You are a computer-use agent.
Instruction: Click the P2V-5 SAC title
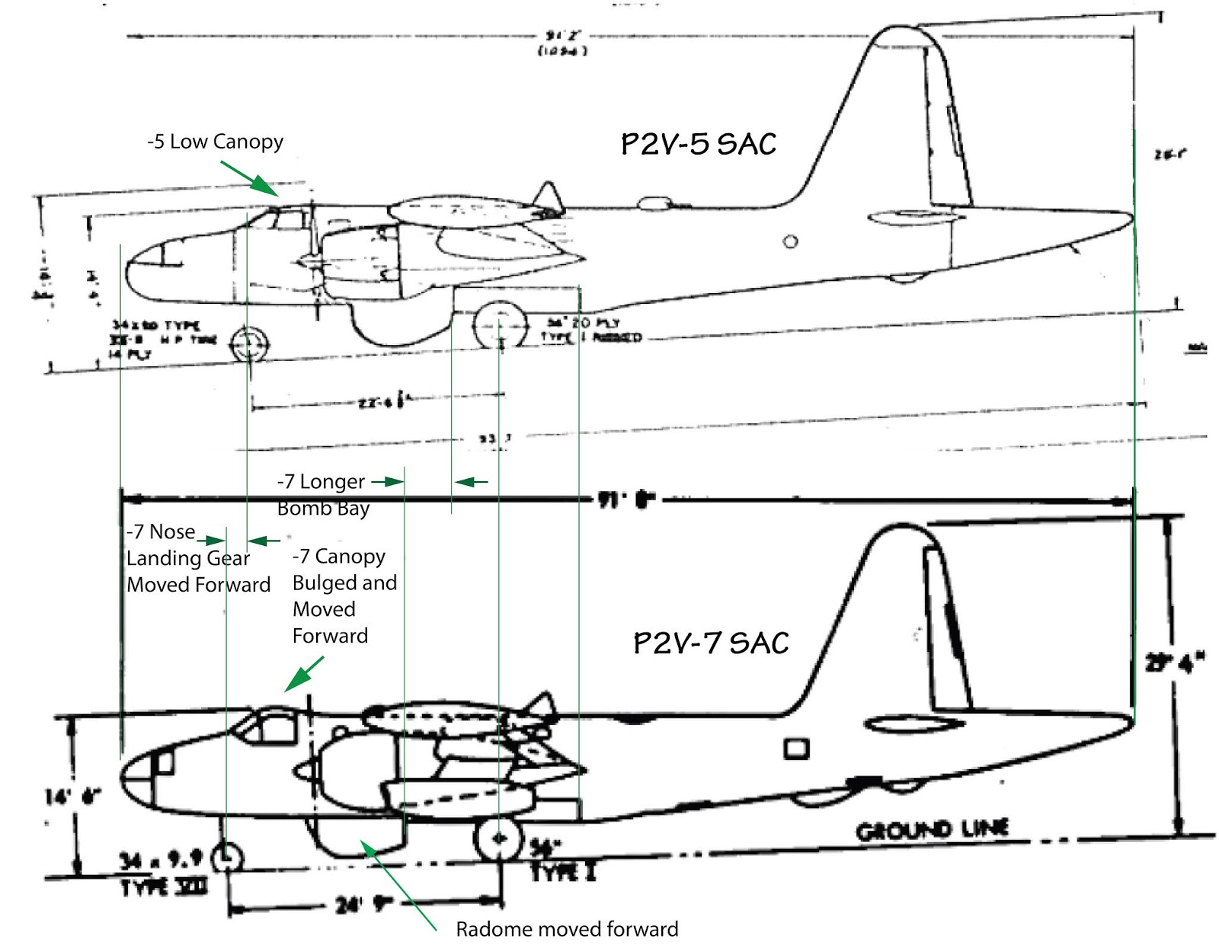699,144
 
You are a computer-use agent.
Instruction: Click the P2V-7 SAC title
711,643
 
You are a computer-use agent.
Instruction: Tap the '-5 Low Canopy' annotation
215,142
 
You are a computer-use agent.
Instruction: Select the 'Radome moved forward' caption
567,929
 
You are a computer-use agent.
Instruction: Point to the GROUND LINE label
933,830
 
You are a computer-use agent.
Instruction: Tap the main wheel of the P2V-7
499,838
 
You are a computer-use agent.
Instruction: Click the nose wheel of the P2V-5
248,344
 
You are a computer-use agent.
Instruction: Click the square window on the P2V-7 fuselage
796,749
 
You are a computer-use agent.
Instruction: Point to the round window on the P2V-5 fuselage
791,242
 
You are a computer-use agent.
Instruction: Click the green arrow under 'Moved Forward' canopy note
305,673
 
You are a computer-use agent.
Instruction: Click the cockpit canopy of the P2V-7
267,724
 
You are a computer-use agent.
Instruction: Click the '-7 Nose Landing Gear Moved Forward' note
198,558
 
